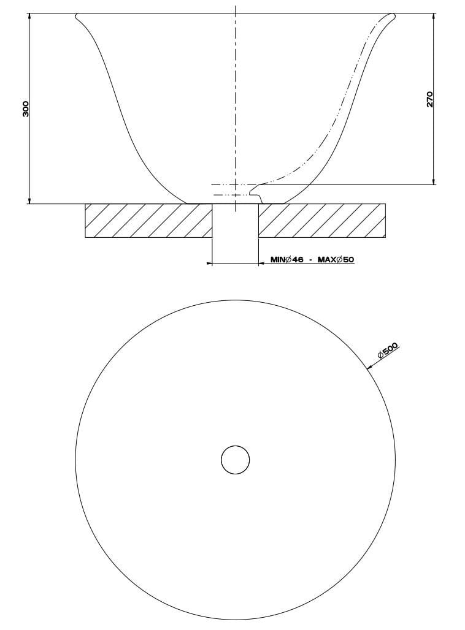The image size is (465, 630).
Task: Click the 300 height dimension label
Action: point(25,108)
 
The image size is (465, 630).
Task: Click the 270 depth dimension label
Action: point(429,99)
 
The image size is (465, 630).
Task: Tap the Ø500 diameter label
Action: point(388,351)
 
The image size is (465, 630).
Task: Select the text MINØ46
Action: point(287,260)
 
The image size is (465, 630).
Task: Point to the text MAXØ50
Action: point(336,260)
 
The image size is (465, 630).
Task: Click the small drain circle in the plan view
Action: point(236,460)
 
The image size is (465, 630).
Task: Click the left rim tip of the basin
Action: point(77,15)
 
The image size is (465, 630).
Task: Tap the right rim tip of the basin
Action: point(394,15)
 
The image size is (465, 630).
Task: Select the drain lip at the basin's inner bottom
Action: point(260,195)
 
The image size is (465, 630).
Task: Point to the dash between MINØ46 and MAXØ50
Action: point(311,260)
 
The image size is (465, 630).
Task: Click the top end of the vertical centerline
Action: point(236,7)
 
